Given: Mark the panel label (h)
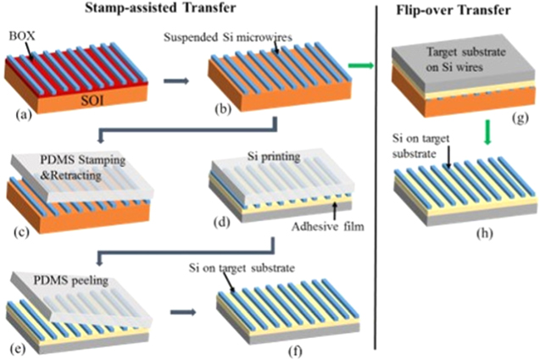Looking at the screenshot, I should [481, 234].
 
